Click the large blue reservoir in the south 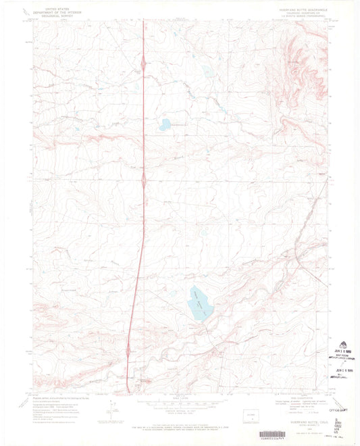click(200, 303)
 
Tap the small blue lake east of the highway click(164, 124)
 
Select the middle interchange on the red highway click(143, 180)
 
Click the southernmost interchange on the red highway click(128, 350)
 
